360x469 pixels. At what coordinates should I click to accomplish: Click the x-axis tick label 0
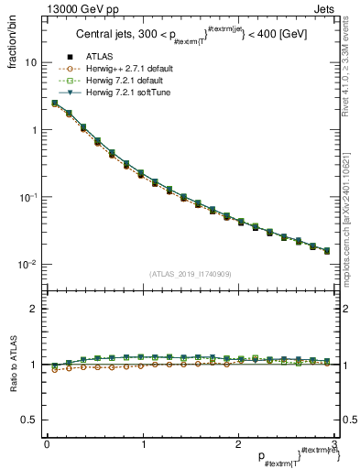coord(46,444)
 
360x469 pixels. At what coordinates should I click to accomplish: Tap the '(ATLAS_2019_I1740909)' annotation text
coord(191,274)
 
